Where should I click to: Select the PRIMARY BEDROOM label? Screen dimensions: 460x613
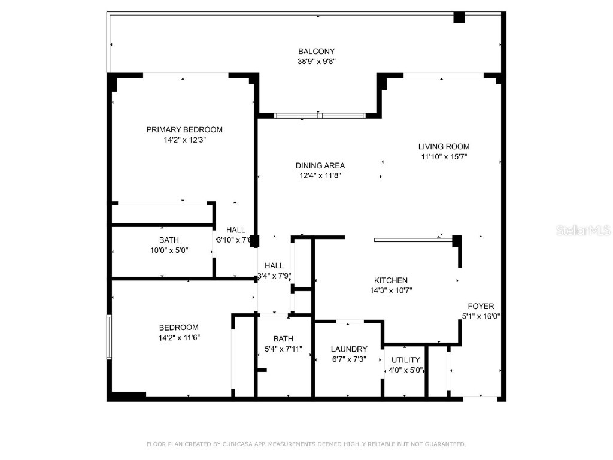tap(184, 130)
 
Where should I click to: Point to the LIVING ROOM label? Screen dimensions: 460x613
tap(444, 147)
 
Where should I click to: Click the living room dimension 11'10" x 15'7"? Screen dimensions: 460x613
tap(444, 157)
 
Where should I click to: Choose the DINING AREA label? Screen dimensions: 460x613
tap(320, 166)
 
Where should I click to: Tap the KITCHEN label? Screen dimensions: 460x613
tap(391, 280)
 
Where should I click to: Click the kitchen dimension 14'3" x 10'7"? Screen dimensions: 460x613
tap(391, 290)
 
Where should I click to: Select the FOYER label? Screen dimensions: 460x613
tap(481, 307)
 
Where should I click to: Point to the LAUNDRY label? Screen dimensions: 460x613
tap(349, 349)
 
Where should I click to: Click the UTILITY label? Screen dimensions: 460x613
tap(406, 360)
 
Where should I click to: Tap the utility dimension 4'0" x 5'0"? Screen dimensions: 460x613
tap(406, 370)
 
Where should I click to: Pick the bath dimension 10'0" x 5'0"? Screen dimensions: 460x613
tap(169, 251)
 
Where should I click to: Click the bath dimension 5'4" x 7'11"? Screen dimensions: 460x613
tap(283, 349)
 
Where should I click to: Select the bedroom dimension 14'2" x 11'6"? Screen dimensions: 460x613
tap(178, 337)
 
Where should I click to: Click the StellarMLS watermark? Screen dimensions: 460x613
tap(582, 230)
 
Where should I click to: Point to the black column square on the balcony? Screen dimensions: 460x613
tap(459, 17)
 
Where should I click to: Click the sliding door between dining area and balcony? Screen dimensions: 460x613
tap(319, 115)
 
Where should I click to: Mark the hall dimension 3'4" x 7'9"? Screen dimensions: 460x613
tap(274, 276)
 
